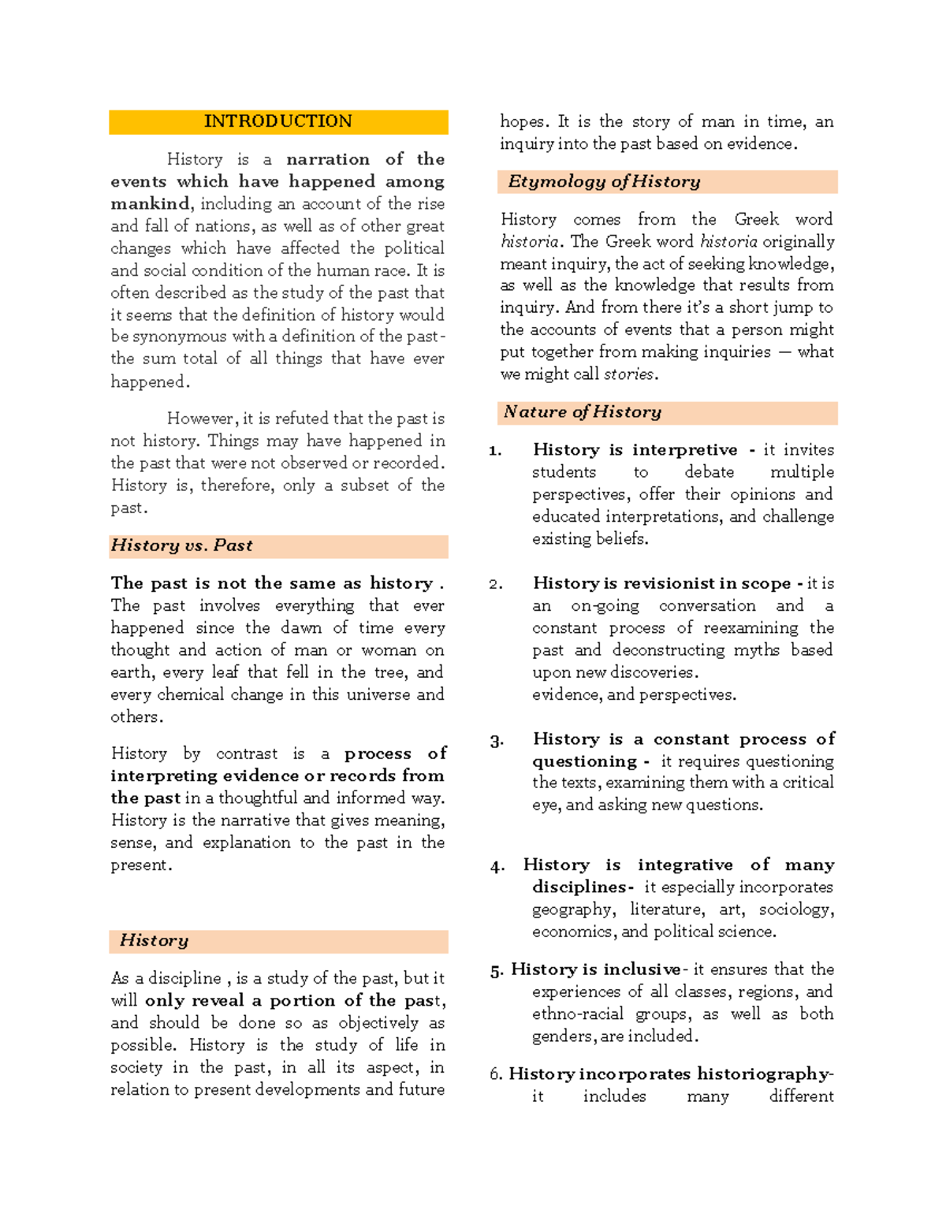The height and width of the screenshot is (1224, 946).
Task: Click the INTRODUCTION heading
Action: click(277, 121)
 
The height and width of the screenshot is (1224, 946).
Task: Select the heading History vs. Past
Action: click(181, 545)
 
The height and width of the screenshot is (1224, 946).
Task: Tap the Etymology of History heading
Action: click(604, 182)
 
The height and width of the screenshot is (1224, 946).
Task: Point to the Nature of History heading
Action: click(583, 412)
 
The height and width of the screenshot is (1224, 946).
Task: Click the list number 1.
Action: click(495, 451)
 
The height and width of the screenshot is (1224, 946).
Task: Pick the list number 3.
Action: click(496, 741)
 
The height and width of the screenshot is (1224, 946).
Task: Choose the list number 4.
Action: click(497, 867)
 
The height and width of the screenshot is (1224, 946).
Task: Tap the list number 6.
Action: click(495, 1074)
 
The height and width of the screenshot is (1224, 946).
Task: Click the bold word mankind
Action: click(150, 204)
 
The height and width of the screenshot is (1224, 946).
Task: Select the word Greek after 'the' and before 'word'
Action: click(756, 219)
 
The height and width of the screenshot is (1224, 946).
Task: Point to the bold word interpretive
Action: click(684, 450)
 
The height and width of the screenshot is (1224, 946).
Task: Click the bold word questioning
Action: click(583, 762)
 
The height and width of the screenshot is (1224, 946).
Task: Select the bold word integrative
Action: click(684, 865)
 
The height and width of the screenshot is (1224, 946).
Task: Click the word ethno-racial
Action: click(578, 1014)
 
